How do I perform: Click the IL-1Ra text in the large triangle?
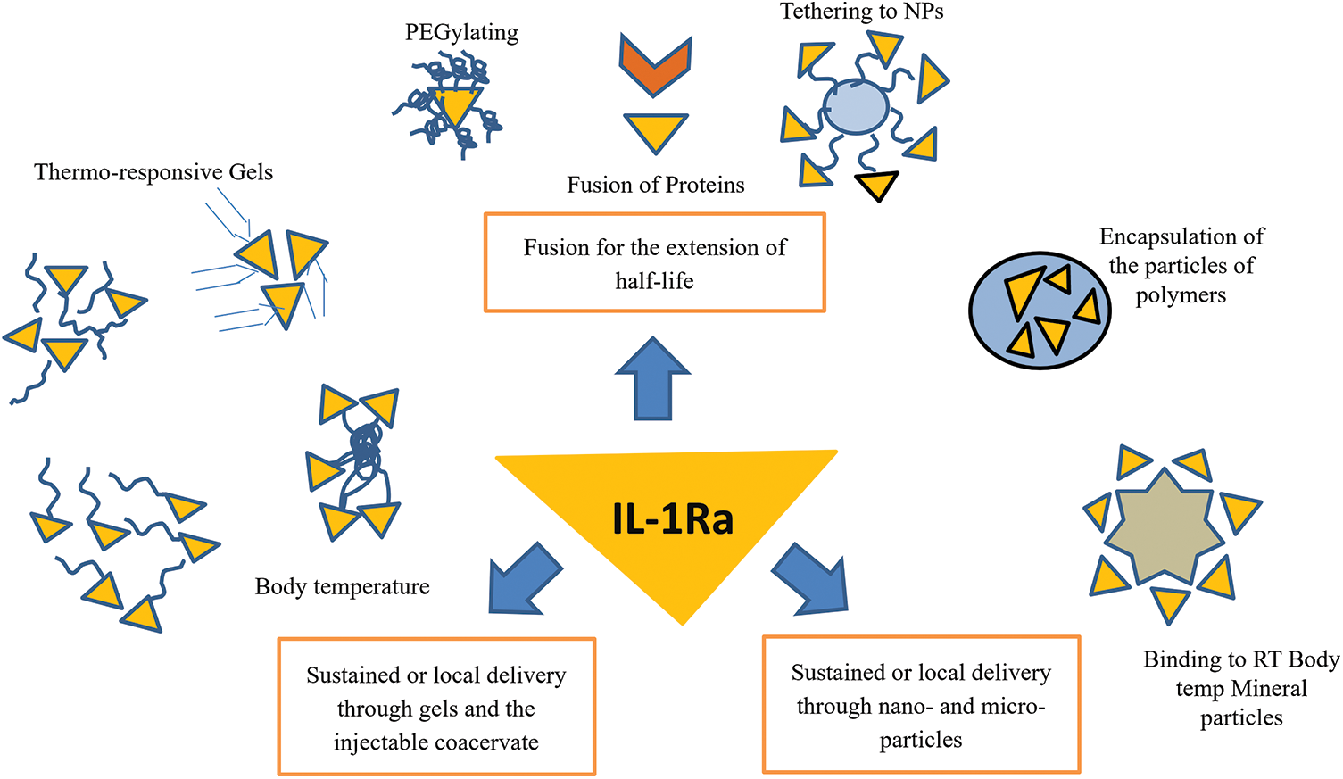tap(673, 518)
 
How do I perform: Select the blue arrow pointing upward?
tap(653, 381)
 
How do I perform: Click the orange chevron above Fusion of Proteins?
tap(655, 66)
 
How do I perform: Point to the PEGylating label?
tap(461, 33)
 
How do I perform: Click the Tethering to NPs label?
tap(861, 12)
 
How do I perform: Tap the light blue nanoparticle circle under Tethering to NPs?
tap(856, 108)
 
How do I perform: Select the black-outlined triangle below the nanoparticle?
tap(876, 185)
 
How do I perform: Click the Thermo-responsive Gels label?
tap(153, 172)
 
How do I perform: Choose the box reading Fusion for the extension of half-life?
tap(654, 263)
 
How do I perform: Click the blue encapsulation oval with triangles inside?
tap(1040, 310)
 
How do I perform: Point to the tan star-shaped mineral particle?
tap(1164, 535)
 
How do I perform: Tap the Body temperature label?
tap(342, 586)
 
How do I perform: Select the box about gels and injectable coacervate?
tap(436, 707)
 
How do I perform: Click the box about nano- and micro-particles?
tap(921, 704)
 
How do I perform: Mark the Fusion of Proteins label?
tap(655, 185)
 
